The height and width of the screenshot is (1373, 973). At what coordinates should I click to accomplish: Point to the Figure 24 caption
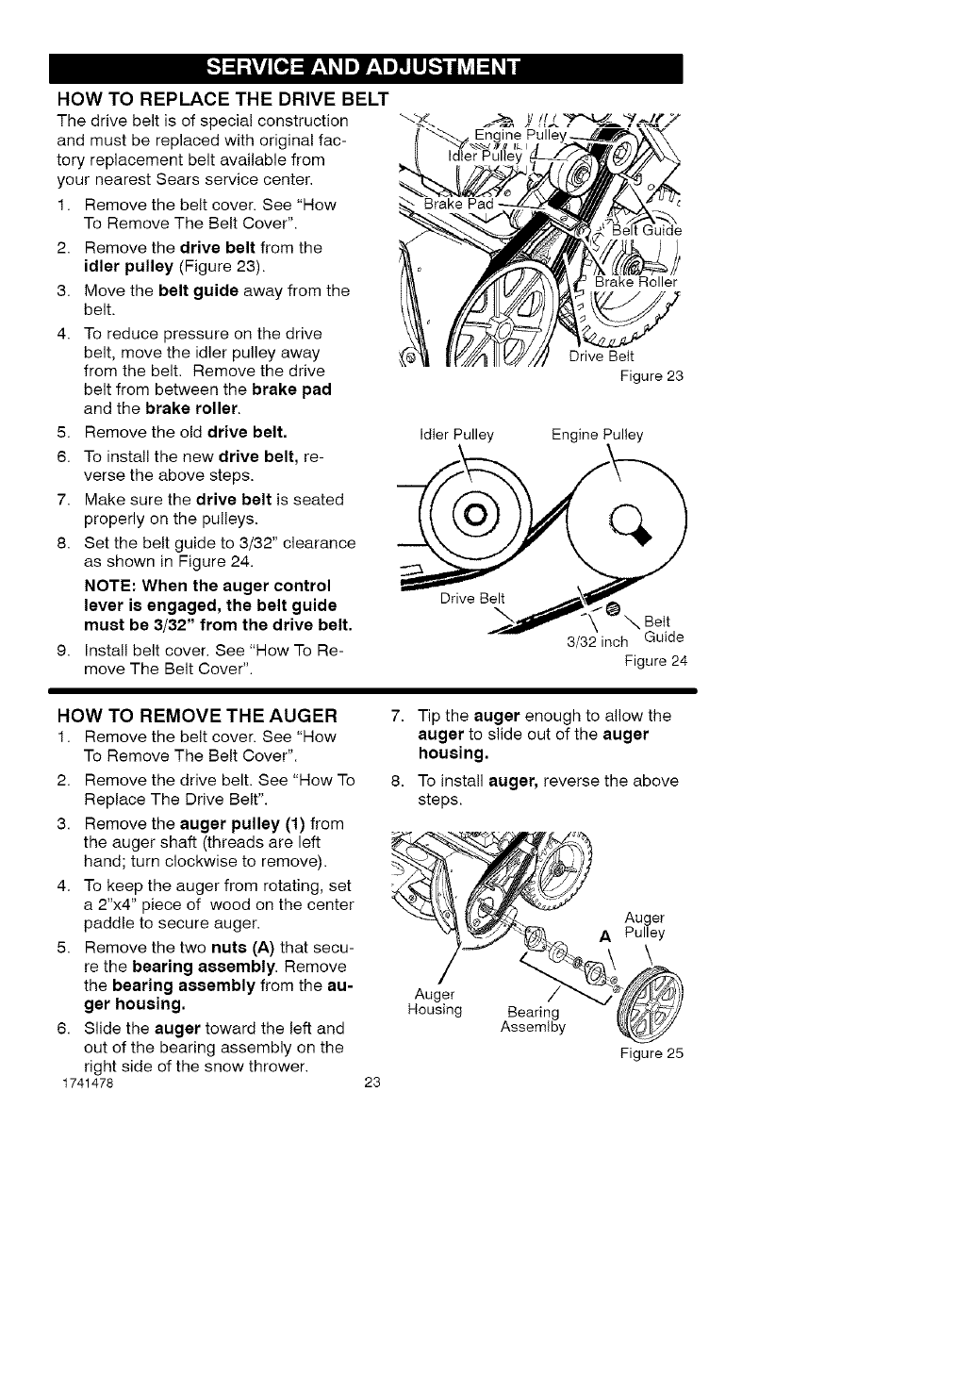tap(655, 660)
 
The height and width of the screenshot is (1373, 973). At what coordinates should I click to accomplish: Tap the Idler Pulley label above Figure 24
tap(455, 435)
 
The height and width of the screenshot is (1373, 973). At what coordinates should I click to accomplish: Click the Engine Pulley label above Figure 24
tap(597, 435)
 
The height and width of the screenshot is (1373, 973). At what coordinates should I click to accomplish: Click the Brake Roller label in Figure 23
tap(636, 282)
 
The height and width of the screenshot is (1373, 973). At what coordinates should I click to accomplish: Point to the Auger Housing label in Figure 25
tap(434, 1001)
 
